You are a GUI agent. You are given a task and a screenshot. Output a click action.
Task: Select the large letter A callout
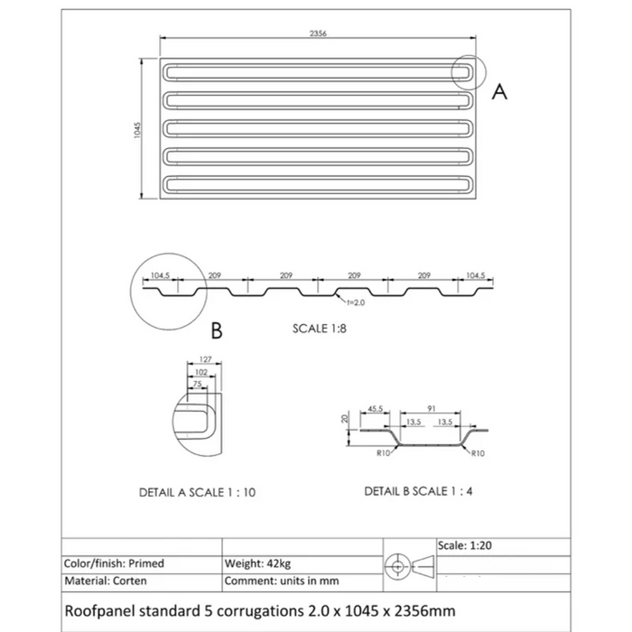click(x=499, y=90)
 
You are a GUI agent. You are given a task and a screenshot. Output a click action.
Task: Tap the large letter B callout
click(x=217, y=331)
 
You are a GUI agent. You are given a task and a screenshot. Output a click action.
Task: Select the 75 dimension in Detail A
click(x=196, y=385)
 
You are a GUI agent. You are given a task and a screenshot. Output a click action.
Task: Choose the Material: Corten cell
click(x=107, y=581)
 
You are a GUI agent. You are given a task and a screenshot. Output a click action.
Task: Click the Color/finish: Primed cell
click(x=115, y=563)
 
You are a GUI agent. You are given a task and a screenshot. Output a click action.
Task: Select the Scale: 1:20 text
click(x=466, y=546)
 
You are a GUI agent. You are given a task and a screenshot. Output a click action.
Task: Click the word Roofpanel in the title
click(x=100, y=610)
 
